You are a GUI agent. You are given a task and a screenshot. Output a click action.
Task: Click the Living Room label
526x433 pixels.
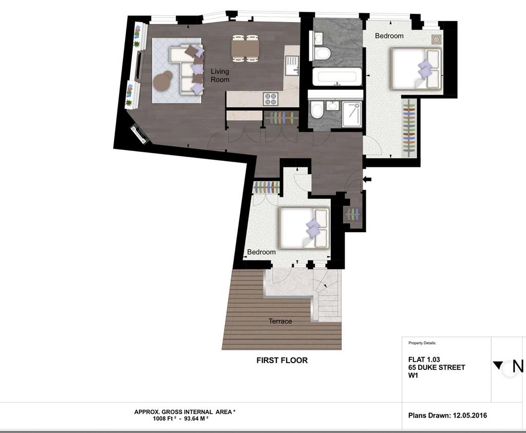(x=220, y=76)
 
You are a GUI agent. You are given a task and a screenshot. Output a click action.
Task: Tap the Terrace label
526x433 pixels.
(x=280, y=322)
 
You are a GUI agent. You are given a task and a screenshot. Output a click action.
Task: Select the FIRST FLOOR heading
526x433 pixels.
(x=282, y=360)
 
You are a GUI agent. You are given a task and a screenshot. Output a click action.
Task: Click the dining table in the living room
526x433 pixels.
(x=245, y=49)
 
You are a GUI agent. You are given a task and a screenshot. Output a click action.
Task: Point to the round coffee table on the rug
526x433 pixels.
(x=163, y=81)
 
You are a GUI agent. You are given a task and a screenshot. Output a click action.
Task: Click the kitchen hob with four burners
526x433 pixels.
(x=271, y=99)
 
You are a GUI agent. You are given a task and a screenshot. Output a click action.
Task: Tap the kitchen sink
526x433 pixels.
(x=292, y=66)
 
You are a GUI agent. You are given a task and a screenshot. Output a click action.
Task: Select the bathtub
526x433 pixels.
(x=337, y=77)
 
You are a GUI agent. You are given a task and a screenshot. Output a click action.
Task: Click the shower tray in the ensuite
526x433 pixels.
(x=352, y=115)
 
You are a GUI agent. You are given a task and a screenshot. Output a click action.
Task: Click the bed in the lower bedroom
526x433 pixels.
(x=304, y=228)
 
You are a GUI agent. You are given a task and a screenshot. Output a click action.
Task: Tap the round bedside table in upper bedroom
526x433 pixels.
(x=436, y=40)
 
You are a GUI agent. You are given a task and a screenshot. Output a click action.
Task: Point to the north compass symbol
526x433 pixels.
(x=508, y=367)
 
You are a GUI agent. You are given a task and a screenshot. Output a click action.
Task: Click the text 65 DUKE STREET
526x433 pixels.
(x=437, y=367)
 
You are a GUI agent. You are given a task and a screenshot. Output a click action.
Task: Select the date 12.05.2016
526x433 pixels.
(x=470, y=416)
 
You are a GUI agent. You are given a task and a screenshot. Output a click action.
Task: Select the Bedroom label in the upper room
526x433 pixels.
(x=389, y=35)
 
